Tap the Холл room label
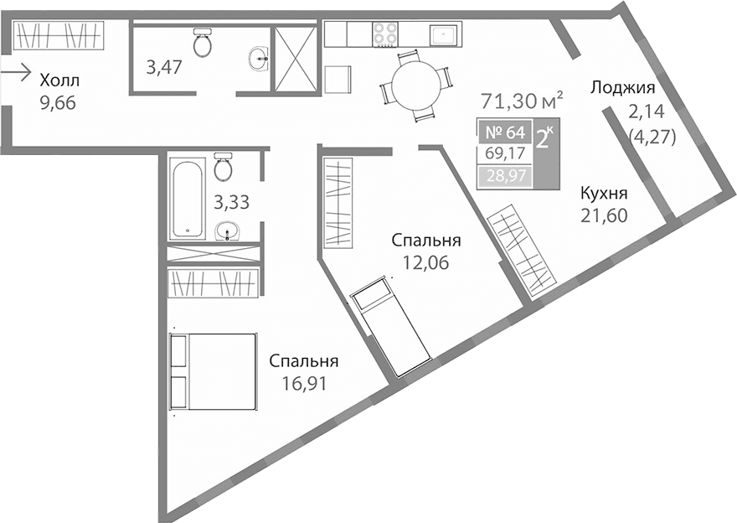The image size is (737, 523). point(60,81)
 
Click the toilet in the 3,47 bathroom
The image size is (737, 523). point(202,43)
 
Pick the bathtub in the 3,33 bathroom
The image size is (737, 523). point(186,198)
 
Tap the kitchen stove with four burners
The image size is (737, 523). point(385,34)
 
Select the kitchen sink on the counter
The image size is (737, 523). point(443,34)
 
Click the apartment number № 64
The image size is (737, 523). point(504,132)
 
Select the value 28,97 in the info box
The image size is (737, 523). point(504,177)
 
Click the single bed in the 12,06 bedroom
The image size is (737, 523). point(390,328)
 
